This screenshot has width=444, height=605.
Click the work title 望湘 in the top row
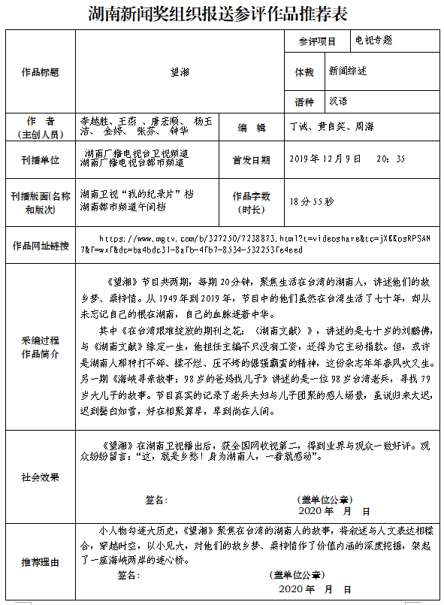180,72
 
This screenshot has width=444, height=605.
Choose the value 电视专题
373,41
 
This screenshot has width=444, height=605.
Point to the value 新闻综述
348,71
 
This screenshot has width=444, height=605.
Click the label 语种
304,102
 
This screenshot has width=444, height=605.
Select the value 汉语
337,101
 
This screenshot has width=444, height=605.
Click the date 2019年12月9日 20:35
346,159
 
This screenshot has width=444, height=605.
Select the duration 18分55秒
315,201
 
